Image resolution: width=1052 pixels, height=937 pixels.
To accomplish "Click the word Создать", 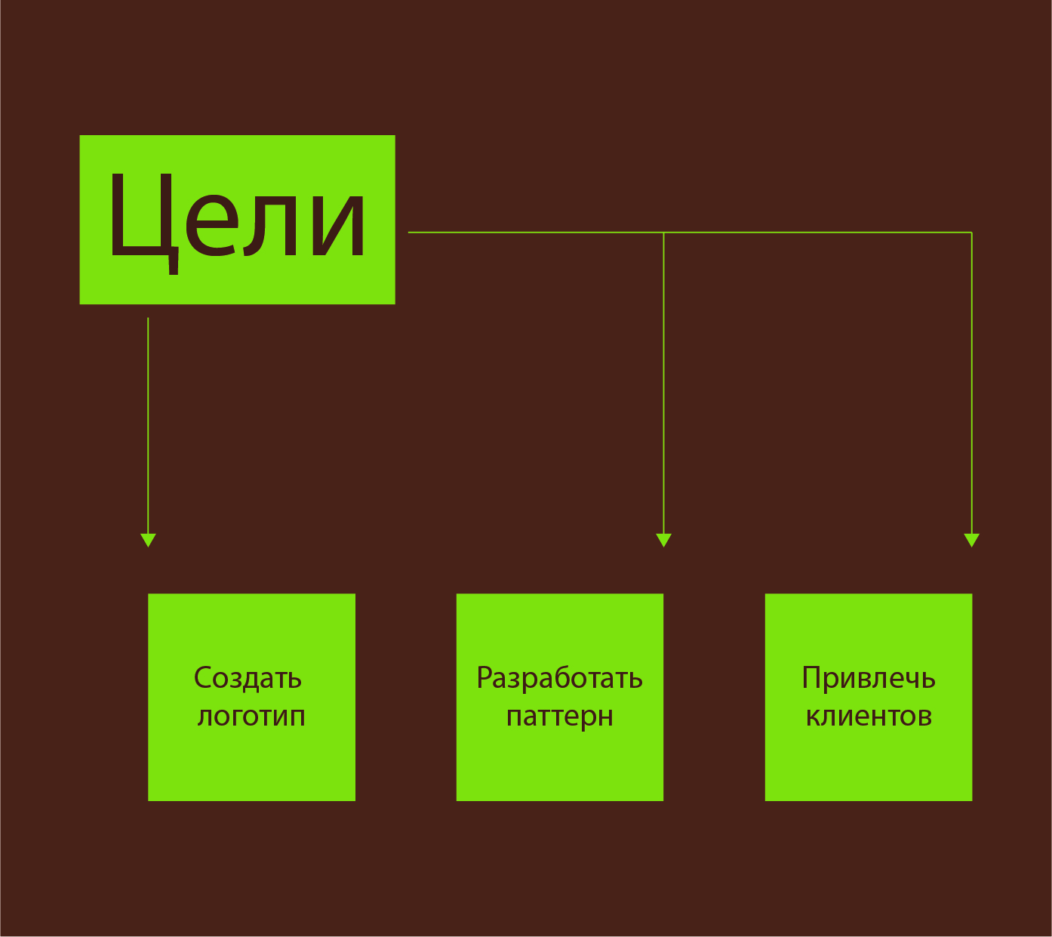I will pos(248,678).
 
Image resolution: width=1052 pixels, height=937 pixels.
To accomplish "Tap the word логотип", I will pos(251,716).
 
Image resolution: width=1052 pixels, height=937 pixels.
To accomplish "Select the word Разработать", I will pos(559,678).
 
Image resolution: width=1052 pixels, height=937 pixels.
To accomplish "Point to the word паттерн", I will pos(559,717).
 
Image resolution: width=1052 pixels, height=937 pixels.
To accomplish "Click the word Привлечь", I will pos(869,678).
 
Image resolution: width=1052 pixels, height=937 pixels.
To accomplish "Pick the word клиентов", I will pos(869,716).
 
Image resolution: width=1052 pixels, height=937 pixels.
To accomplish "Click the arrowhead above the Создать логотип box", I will pos(148,540).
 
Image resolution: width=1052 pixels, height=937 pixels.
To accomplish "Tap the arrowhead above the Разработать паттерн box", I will pos(663,540).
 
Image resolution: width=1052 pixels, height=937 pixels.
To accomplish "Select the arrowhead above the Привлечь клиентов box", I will pos(972,540).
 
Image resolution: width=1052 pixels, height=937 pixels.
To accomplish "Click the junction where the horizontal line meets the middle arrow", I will pos(663,233).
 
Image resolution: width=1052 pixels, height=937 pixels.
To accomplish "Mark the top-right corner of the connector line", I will pos(971,233).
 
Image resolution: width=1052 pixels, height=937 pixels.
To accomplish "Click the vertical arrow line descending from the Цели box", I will pos(148,423).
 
